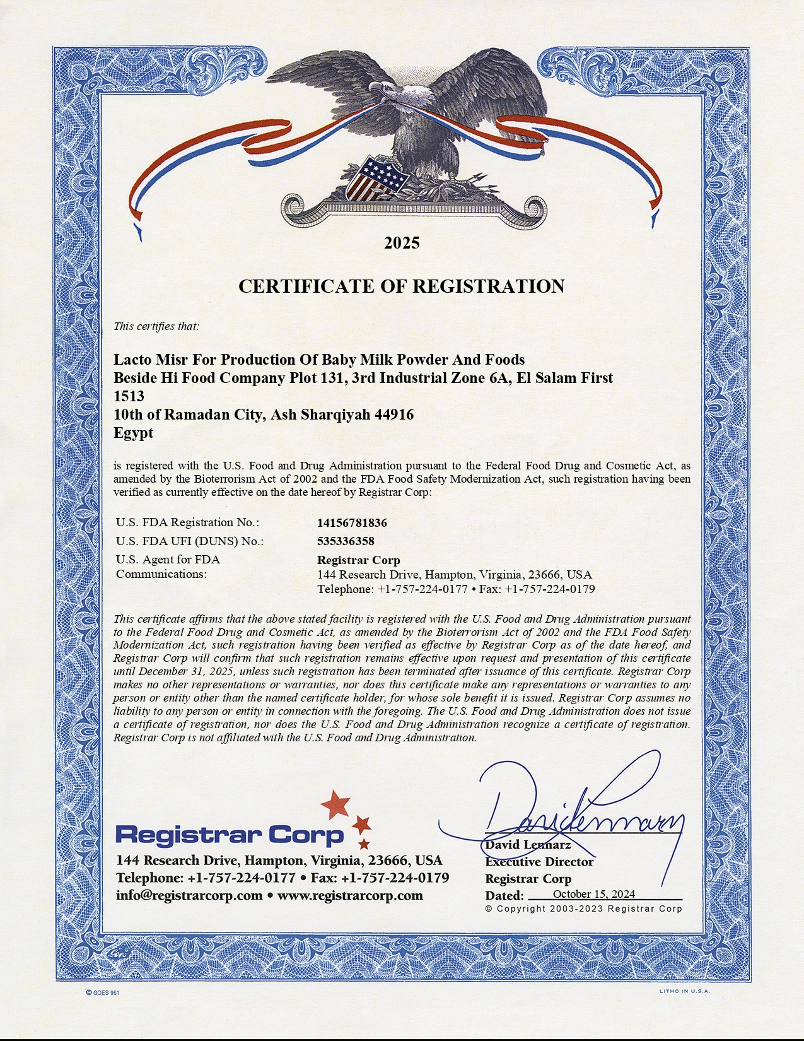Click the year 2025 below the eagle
click(402, 243)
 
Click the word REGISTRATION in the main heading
click(489, 286)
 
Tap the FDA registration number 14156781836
click(352, 523)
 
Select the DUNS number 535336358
click(346, 541)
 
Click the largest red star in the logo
click(335, 804)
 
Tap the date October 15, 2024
click(593, 894)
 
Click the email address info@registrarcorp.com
click(189, 896)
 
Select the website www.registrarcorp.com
click(350, 896)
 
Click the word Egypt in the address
click(133, 433)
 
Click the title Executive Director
click(539, 862)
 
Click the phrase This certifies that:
click(156, 326)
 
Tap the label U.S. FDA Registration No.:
click(187, 522)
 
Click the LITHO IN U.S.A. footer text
click(685, 991)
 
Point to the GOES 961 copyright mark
click(103, 992)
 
